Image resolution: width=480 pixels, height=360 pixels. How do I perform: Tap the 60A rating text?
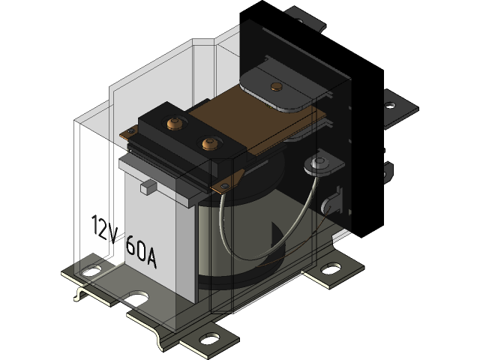(141, 252)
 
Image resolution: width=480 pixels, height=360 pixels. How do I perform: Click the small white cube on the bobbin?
(147, 185)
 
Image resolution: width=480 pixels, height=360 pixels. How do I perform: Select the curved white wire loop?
(255, 240)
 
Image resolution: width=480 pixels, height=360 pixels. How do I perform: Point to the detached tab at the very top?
(304, 18)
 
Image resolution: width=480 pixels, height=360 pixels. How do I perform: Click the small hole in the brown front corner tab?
(223, 184)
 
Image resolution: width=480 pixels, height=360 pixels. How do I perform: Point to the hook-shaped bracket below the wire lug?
(328, 202)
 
